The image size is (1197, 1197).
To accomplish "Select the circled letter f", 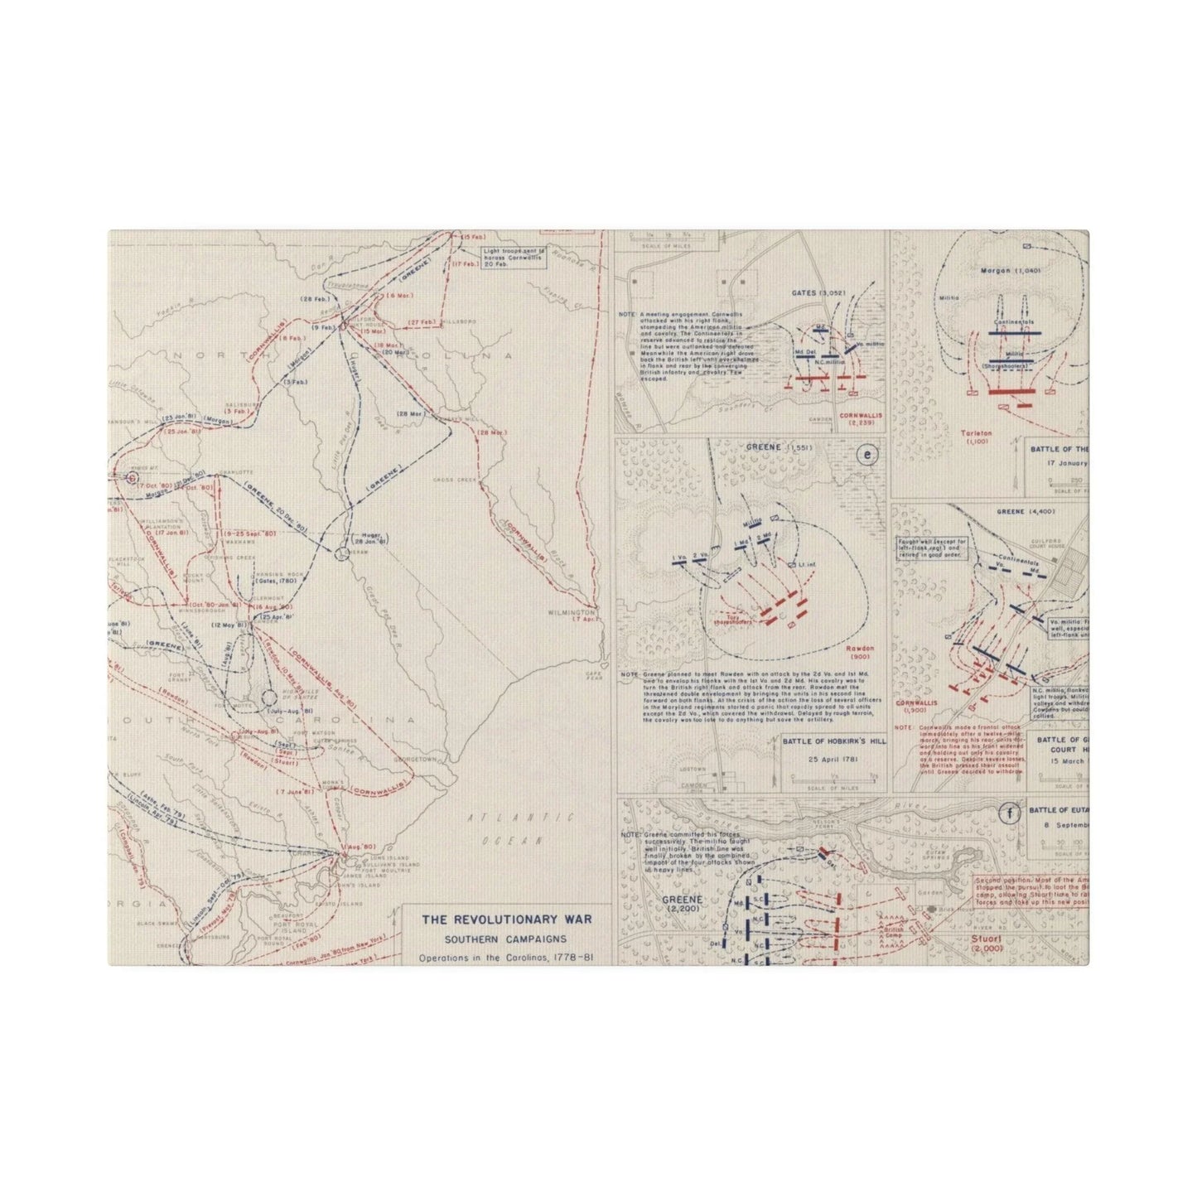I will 1008,813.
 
